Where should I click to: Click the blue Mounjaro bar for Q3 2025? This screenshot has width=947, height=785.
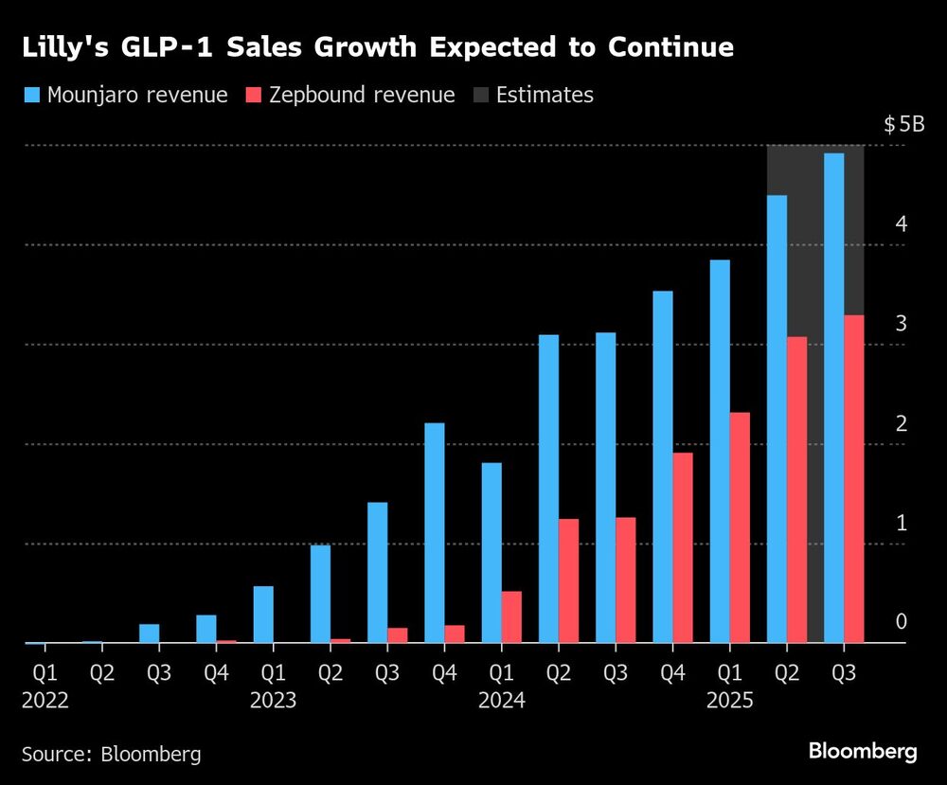coord(833,398)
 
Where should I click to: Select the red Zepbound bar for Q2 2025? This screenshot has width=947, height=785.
coord(796,490)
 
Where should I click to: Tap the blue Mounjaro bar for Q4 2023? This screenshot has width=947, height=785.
coord(435,532)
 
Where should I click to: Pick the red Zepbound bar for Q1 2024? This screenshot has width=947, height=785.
coord(511,616)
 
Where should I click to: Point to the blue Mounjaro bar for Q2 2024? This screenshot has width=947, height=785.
coord(548,489)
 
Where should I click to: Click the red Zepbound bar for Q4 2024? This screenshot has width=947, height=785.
coord(682,547)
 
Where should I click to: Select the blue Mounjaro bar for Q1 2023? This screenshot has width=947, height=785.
coord(263,614)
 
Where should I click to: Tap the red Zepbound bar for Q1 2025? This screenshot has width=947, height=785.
coord(740,527)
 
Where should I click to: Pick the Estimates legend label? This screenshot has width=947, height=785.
coord(545,95)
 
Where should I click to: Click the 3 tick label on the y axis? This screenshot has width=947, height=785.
coord(902,324)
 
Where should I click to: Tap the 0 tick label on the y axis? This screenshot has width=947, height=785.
coord(902,622)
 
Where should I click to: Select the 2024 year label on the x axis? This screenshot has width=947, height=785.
coord(501,701)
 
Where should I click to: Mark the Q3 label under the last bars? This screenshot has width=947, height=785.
coord(844,674)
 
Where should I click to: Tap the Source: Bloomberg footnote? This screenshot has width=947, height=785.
coord(112,754)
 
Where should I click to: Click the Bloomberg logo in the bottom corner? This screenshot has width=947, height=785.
coord(863,752)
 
